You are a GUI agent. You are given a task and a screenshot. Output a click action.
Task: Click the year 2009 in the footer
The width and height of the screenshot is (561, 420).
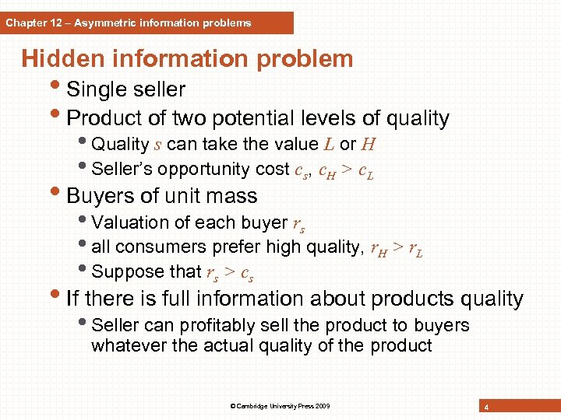tap(322, 406)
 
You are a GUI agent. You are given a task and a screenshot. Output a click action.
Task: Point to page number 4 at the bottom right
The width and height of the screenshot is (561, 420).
tap(486, 407)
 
